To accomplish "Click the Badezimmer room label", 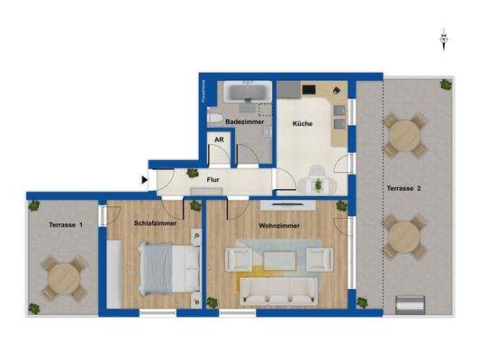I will click(x=243, y=121).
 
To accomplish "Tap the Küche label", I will click(x=301, y=125).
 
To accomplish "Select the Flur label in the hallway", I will click(x=213, y=180).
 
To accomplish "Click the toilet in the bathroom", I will click(x=213, y=120).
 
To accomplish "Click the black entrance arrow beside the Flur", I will click(x=145, y=178).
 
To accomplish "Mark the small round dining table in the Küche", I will click(x=317, y=183).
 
